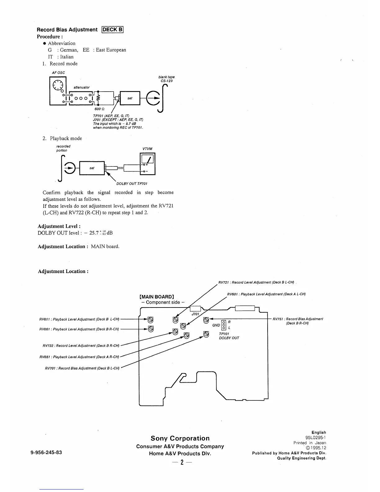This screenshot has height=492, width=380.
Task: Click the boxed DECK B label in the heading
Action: point(113,30)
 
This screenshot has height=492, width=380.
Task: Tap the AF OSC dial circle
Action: point(57,85)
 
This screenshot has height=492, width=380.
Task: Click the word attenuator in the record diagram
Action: point(82,87)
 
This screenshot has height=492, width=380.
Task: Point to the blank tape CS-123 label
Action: point(166,79)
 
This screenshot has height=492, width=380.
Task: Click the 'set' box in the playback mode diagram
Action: point(92,168)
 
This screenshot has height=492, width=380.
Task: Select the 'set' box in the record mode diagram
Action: point(130,98)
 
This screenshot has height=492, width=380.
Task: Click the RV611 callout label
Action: point(79,319)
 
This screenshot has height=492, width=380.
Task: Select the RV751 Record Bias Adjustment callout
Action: point(297,321)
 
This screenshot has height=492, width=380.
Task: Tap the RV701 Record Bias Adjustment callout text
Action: point(82,368)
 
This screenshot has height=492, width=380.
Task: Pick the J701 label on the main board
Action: point(195,314)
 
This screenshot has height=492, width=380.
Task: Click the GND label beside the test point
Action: point(216,325)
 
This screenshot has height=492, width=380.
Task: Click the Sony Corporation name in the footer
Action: point(180,438)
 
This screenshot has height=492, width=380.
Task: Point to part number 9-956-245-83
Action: point(46,452)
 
